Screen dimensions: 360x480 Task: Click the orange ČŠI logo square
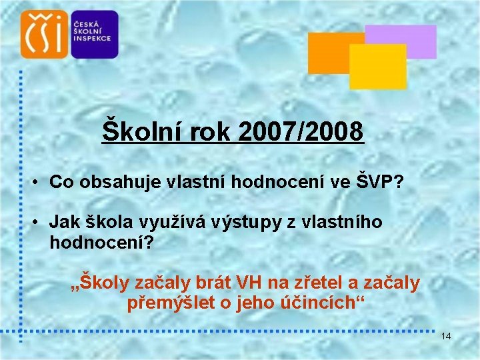(44, 34)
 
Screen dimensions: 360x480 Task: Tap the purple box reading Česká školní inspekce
(94, 34)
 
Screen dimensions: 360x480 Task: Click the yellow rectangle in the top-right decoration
(378, 67)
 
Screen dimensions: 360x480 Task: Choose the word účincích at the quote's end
(329, 303)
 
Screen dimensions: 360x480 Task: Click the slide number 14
(446, 337)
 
